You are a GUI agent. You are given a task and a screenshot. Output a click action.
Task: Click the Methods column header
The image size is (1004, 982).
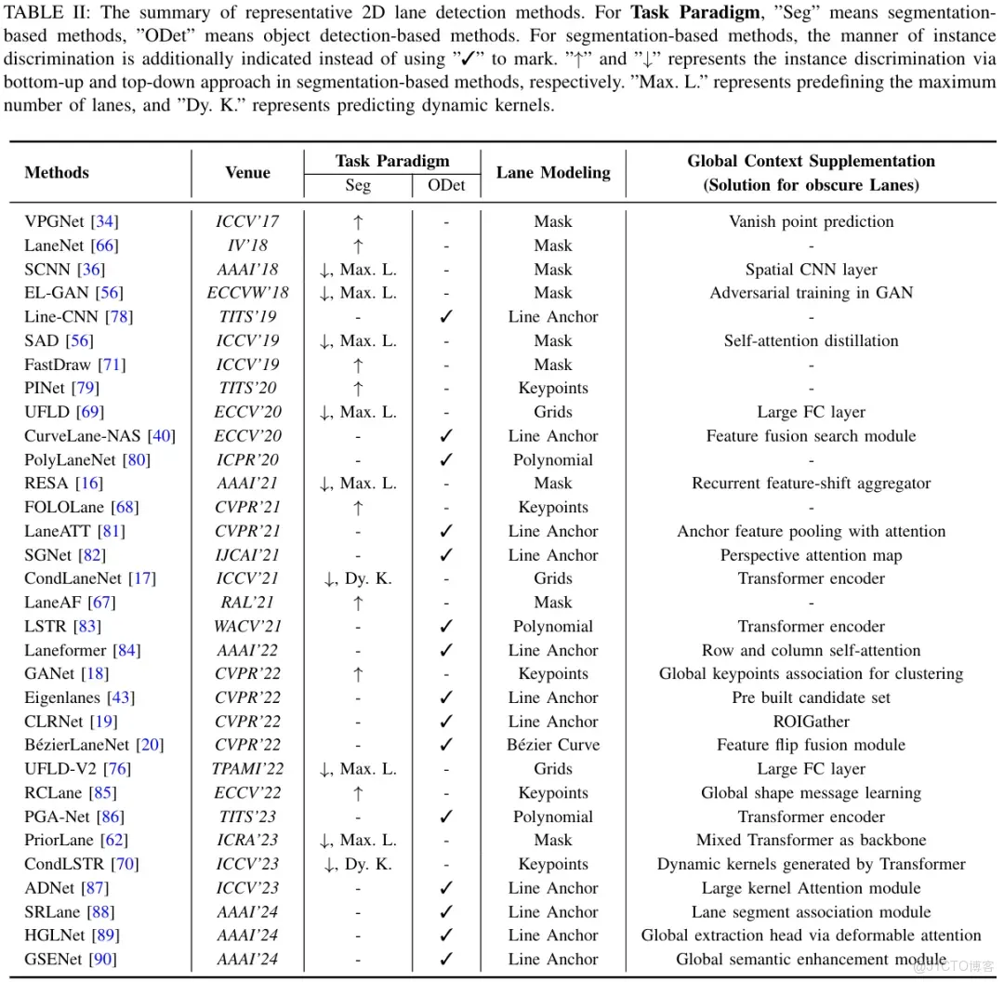click(x=57, y=172)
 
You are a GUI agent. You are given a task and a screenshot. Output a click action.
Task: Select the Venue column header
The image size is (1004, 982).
click(x=247, y=172)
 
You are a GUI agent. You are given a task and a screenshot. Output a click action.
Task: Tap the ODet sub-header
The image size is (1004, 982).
click(x=446, y=185)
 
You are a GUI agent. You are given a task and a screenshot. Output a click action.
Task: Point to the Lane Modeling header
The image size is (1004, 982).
click(x=553, y=172)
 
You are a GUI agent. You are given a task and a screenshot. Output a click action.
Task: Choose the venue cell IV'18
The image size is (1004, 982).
click(x=247, y=245)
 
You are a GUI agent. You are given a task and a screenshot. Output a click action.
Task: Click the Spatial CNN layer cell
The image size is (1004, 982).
click(x=811, y=270)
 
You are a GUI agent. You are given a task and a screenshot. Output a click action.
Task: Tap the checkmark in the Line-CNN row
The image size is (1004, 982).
click(x=446, y=317)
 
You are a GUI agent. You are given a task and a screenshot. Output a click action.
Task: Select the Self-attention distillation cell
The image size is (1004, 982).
click(x=811, y=340)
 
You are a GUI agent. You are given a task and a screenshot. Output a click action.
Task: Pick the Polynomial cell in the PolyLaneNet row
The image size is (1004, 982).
click(x=553, y=459)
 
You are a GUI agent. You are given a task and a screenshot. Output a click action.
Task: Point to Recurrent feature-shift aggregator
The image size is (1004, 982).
click(x=811, y=484)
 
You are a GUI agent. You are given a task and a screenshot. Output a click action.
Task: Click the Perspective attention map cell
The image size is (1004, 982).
click(x=811, y=555)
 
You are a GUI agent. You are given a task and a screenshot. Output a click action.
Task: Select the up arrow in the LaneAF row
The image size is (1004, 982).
click(x=358, y=603)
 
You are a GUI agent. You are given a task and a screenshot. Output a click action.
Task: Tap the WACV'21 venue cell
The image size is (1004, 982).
click(x=247, y=627)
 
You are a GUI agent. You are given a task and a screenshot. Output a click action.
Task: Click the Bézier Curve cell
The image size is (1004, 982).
click(x=553, y=745)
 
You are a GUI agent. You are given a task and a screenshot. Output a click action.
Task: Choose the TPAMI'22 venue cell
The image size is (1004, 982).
click(x=247, y=769)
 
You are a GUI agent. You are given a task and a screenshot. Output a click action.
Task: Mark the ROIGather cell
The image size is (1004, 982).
click(x=811, y=722)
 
